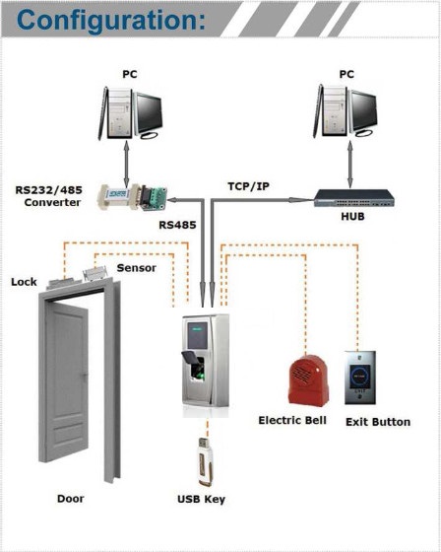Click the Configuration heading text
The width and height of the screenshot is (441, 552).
[111, 21]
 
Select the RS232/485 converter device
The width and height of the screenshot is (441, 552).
[132, 197]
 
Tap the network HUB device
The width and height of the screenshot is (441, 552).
[354, 198]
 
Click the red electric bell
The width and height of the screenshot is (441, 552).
[309, 380]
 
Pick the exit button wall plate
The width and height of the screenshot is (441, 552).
[360, 378]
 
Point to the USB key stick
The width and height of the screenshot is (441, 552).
[205, 461]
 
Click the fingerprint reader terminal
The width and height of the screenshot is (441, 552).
[206, 366]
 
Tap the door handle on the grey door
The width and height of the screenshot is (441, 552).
[85, 376]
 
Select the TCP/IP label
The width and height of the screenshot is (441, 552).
[249, 186]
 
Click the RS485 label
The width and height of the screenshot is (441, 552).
[177, 225]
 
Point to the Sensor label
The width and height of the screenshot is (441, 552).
[137, 268]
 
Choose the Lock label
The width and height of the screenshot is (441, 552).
[24, 282]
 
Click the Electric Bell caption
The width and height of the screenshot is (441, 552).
[292, 420]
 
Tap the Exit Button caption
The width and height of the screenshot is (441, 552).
[378, 422]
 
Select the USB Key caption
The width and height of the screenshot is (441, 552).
[201, 499]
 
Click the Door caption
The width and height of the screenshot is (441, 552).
[71, 499]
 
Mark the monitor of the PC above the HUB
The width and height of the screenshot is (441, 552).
[363, 113]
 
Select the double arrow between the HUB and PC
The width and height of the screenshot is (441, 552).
[349, 164]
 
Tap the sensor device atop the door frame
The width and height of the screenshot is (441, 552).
[94, 274]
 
